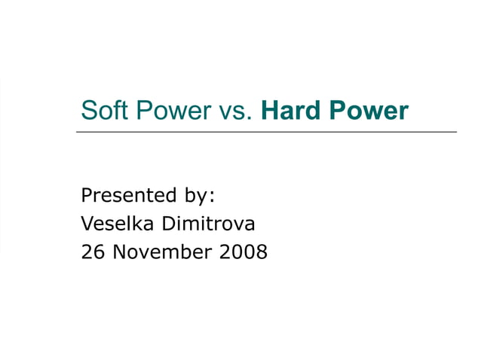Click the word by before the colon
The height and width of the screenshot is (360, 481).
[x=194, y=197]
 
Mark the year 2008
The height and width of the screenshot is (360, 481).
[x=243, y=252]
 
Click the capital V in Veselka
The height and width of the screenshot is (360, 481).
[x=87, y=224]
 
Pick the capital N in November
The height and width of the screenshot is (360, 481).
[x=118, y=252]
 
